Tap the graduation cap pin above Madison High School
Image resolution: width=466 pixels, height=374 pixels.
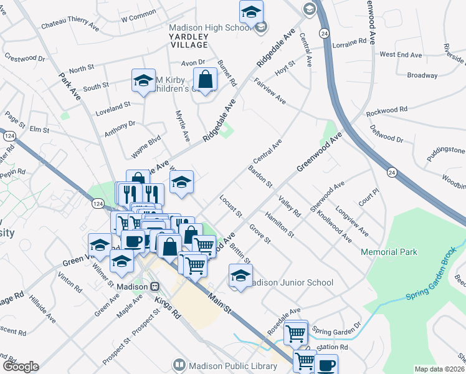pos(251,12)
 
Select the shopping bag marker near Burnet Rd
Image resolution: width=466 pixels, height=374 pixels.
pos(205,80)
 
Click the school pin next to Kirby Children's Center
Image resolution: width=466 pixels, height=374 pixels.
pos(143,80)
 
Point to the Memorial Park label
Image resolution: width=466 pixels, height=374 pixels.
pos(389,252)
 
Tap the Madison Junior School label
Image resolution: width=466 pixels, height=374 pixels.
pos(290,282)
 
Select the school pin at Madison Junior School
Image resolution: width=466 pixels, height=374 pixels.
pos(240,275)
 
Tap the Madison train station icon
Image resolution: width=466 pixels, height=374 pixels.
pos(155,286)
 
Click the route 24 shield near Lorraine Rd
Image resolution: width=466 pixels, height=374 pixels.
pos(324,33)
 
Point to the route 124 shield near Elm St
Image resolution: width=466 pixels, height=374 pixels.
pos(9,135)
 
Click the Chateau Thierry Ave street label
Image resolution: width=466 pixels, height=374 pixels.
pos(70,27)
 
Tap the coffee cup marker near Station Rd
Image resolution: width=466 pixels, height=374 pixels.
pos(325,365)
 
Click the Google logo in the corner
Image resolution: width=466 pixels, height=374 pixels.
pos(21,367)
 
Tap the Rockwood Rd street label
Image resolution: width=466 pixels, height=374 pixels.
pos(386,110)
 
